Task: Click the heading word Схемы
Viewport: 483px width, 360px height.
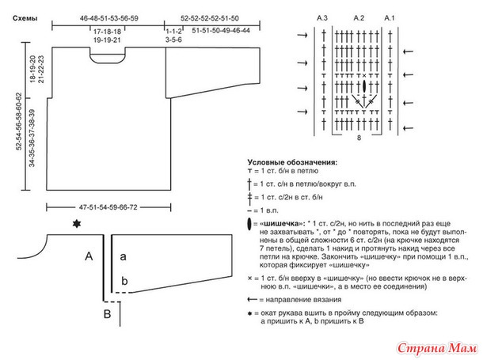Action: (x=25, y=18)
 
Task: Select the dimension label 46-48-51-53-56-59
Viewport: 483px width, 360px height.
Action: (x=109, y=18)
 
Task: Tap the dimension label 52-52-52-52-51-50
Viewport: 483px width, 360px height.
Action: (x=210, y=18)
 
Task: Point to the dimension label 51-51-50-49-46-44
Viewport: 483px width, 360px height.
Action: (x=221, y=30)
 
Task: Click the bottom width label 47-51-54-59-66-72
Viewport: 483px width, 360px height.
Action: (x=108, y=207)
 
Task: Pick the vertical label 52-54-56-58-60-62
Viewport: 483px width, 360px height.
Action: (x=19, y=121)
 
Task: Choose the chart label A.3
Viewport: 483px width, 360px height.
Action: (x=322, y=18)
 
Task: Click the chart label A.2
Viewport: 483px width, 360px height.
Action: (x=359, y=18)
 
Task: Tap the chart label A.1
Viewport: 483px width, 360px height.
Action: (x=390, y=18)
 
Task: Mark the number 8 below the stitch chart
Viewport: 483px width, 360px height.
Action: (x=359, y=138)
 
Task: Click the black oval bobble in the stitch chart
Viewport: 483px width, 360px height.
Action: (x=364, y=85)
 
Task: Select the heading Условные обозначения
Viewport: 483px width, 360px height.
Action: (x=292, y=162)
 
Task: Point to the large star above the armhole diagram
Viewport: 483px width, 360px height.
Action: (x=76, y=224)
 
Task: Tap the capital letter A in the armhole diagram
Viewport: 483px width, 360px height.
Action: (x=89, y=256)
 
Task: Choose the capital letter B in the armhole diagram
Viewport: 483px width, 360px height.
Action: (x=107, y=314)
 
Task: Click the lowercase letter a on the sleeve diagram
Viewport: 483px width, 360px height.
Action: (x=123, y=256)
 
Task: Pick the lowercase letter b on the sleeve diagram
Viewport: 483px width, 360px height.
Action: (x=124, y=281)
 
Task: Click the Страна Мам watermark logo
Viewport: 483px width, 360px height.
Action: (x=437, y=349)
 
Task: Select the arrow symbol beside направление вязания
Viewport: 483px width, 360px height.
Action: (x=253, y=299)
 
